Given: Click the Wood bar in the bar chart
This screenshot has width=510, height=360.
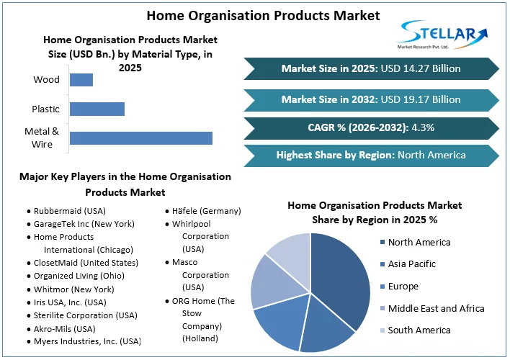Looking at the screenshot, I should pos(81,80).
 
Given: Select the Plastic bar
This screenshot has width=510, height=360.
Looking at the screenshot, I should pos(97,109).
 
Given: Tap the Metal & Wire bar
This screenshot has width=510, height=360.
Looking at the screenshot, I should pos(140,138).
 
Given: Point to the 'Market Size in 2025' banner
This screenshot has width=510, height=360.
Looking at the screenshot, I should pos(371,69).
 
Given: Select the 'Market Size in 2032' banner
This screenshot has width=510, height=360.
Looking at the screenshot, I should pos(371,99).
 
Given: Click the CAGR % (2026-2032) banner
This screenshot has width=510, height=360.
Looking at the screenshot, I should pos(371,127).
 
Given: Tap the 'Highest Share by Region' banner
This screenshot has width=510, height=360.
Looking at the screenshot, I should pos(371,155).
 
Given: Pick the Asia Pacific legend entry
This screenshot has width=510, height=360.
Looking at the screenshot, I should pos(411,264).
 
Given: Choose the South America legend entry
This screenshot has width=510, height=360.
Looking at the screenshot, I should pos(419,330).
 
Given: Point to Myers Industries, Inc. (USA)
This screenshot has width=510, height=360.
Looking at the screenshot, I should pos(87,341).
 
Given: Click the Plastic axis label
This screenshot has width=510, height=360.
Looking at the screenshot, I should pos(46,109).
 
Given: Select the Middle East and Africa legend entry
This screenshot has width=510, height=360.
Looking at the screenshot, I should pos(435,308).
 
